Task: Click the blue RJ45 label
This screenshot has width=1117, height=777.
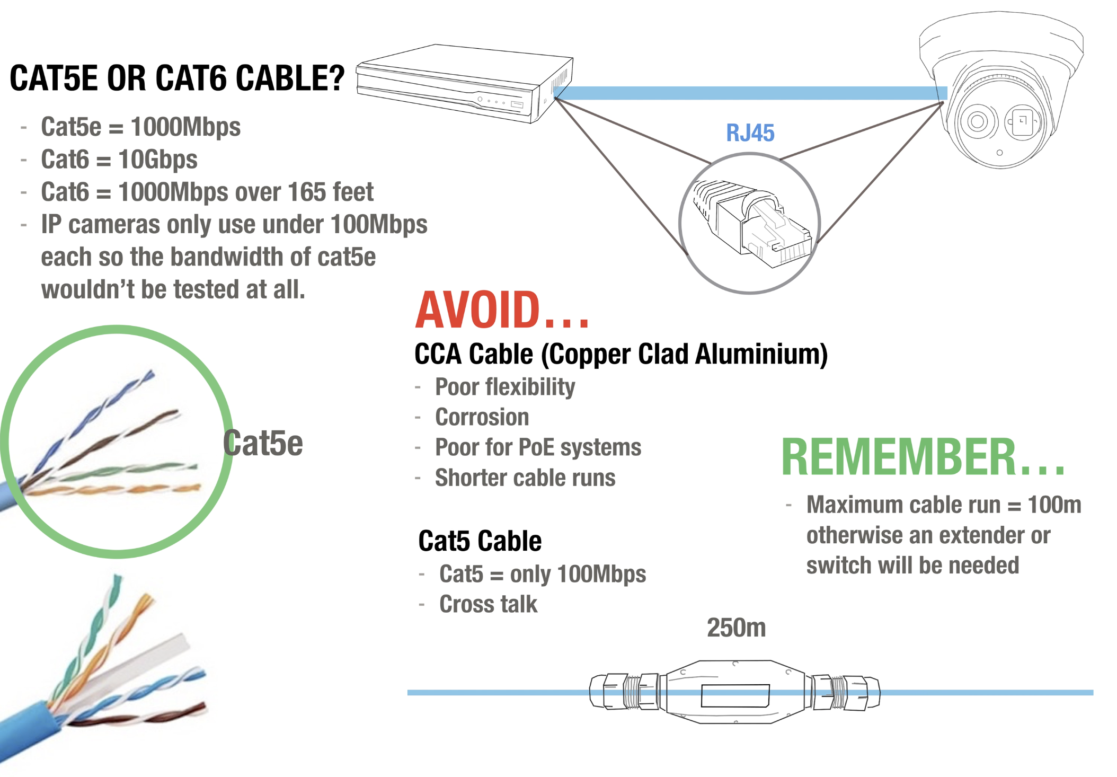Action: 749,133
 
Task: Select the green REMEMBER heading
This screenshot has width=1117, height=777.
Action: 922,457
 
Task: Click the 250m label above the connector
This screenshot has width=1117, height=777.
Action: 736,628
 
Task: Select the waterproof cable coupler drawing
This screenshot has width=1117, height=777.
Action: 735,692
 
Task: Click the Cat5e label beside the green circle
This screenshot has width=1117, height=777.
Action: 263,443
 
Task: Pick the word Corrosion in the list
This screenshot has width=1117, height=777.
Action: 482,417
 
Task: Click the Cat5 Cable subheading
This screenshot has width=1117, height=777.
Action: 480,541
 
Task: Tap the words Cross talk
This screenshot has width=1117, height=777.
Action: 488,604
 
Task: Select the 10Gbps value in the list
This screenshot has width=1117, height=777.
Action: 157,160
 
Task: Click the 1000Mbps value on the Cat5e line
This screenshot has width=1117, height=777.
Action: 185,127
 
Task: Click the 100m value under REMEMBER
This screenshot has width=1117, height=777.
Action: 1054,505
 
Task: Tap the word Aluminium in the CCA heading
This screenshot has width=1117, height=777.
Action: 760,354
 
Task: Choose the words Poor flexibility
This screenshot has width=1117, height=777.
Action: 504,387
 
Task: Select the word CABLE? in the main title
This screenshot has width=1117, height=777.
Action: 290,78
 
